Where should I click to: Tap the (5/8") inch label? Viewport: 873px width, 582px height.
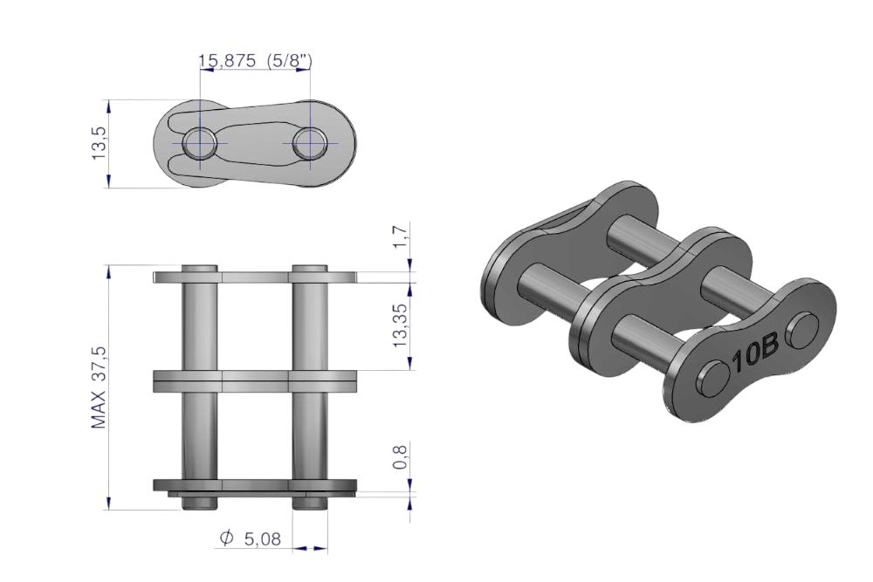289,60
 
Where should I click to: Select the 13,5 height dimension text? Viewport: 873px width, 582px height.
99,144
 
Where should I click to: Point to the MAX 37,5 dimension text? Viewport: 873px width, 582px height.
99,387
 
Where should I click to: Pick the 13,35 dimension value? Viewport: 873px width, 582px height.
401,326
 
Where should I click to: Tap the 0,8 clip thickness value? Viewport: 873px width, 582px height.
401,455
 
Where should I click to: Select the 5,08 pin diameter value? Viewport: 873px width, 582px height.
264,538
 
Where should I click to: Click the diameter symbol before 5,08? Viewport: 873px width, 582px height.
226,538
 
